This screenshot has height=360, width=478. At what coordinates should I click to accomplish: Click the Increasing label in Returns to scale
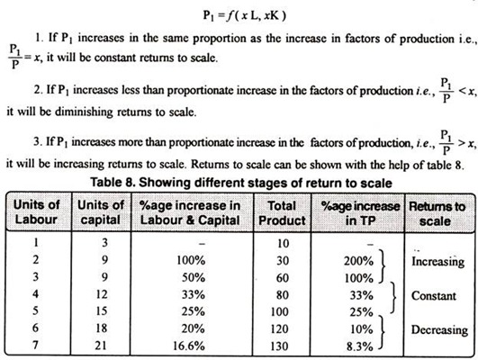tap(437, 264)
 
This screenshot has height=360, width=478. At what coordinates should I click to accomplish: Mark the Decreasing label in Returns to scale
tap(438, 330)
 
